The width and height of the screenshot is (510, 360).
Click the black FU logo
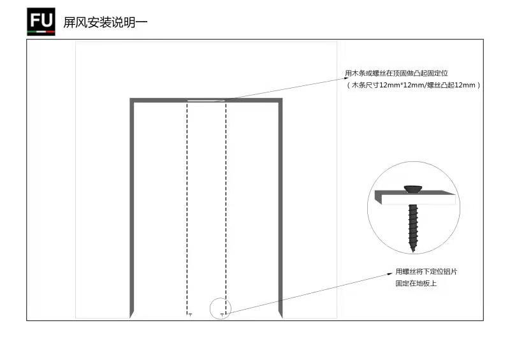[41, 22]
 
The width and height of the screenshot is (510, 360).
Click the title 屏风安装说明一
[105, 22]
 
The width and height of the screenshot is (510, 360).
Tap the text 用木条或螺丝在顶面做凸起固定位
[396, 73]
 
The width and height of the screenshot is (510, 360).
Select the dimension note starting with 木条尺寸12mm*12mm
[413, 85]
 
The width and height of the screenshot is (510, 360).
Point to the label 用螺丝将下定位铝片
[426, 271]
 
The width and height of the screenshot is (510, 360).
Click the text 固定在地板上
[416, 284]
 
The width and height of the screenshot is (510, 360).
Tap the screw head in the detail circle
[413, 189]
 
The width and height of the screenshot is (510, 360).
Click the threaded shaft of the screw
[412, 224]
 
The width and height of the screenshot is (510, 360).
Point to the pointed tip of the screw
[413, 250]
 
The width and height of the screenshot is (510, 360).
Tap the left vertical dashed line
[187, 208]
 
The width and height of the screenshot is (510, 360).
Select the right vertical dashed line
[226, 208]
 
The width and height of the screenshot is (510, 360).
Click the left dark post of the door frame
[132, 208]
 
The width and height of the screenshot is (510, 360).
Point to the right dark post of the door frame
[280, 208]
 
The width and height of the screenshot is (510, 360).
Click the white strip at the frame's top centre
[206, 101]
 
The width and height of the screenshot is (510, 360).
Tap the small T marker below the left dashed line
[190, 315]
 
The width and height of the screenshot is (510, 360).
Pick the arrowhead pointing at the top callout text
[346, 78]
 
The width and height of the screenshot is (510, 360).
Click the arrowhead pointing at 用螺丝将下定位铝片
[390, 274]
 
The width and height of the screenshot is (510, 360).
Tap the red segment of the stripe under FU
[50, 32]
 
